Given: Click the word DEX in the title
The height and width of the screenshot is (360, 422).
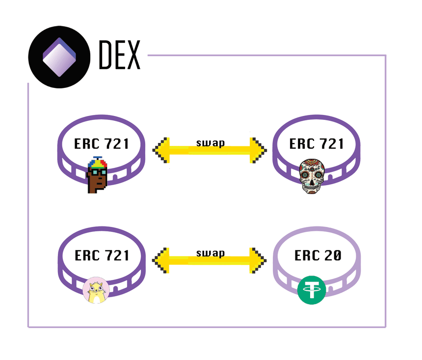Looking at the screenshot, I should pos(119,54).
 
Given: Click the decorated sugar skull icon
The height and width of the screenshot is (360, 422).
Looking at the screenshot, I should pos(312,175).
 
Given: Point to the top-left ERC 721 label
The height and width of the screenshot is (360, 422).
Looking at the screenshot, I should pos(102,144).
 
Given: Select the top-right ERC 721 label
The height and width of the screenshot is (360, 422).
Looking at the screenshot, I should pos(316,144).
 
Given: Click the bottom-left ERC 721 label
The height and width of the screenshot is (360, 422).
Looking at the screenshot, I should pos(102,255).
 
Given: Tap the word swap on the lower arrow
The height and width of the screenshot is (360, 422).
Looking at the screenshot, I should pos(210,253).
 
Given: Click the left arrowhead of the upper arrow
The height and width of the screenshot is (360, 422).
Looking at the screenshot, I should pos(161,148).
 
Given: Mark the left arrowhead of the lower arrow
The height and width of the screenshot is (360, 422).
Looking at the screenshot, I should pos(161,258).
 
